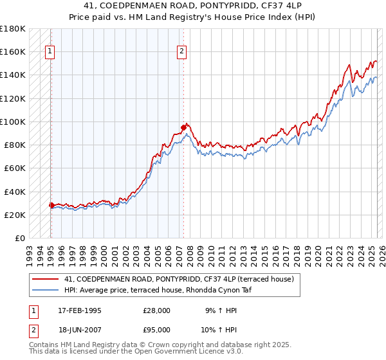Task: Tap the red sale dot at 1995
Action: coord(51,205)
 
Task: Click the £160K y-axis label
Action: coord(13,52)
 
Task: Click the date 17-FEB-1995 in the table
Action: coord(80,310)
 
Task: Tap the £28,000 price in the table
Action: coord(156,310)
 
